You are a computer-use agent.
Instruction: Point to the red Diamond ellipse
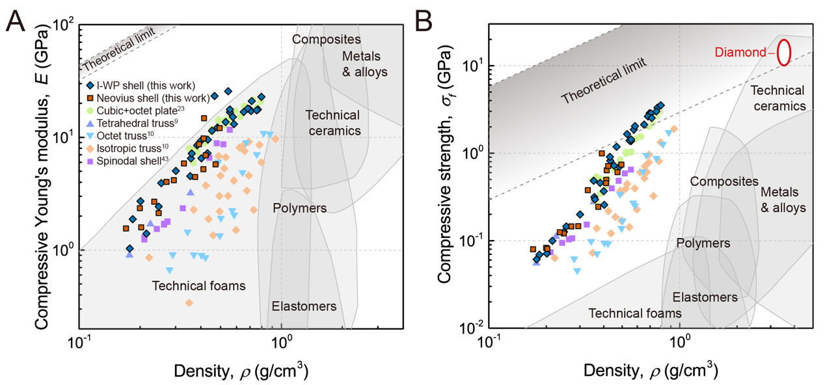(x=785, y=52)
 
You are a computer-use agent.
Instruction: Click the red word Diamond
(x=740, y=53)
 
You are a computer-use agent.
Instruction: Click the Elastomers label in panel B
(x=705, y=297)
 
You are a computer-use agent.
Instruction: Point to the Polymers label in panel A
(x=299, y=208)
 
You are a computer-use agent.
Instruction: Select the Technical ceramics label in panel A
(x=332, y=123)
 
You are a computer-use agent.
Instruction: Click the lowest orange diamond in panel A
(x=189, y=302)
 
